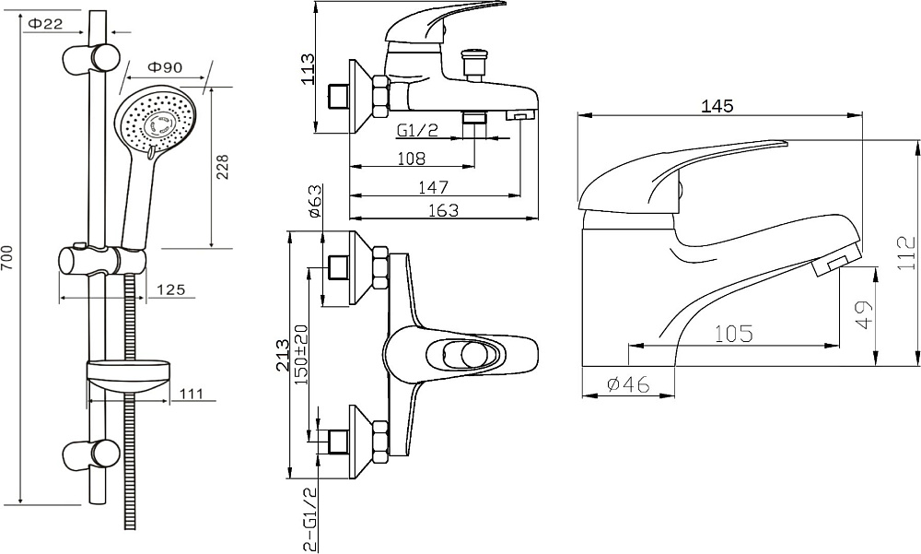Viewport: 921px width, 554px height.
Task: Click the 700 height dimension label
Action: point(6,258)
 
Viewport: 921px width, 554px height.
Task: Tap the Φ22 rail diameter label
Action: point(45,24)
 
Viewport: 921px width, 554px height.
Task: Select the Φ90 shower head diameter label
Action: point(165,67)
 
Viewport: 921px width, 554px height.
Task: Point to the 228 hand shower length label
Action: point(223,167)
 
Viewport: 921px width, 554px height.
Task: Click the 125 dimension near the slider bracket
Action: point(171,289)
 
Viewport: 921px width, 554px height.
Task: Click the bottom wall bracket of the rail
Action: point(91,454)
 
